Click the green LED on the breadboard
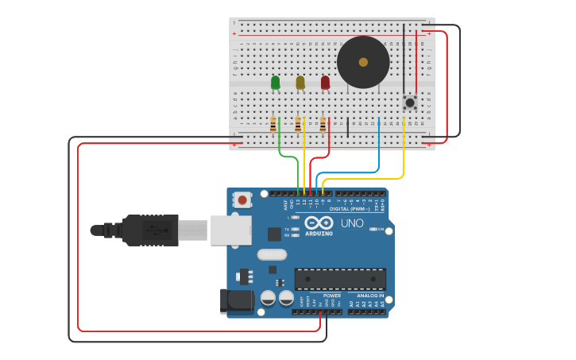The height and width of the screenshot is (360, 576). tap(276, 82)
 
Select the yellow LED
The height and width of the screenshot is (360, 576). tap(300, 82)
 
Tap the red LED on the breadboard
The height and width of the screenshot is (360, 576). tap(325, 82)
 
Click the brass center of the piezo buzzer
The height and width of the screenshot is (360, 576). tap(363, 62)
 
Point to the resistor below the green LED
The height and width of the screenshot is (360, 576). tap(273, 125)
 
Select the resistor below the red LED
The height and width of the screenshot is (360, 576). tap(323, 125)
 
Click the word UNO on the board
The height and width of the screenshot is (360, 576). tap(352, 223)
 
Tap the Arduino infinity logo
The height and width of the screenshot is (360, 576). tap(318, 223)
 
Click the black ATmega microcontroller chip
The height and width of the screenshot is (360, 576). tap(340, 279)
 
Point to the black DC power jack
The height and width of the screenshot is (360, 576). tap(235, 300)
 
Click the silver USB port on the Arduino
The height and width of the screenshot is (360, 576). tap(231, 230)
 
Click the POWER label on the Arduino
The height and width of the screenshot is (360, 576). tap(332, 296)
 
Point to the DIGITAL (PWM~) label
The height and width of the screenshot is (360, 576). tap(350, 209)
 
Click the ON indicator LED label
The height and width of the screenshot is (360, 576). tap(381, 230)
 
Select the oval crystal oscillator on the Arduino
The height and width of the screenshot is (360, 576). tap(271, 255)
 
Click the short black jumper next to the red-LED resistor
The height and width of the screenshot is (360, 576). tap(347, 127)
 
